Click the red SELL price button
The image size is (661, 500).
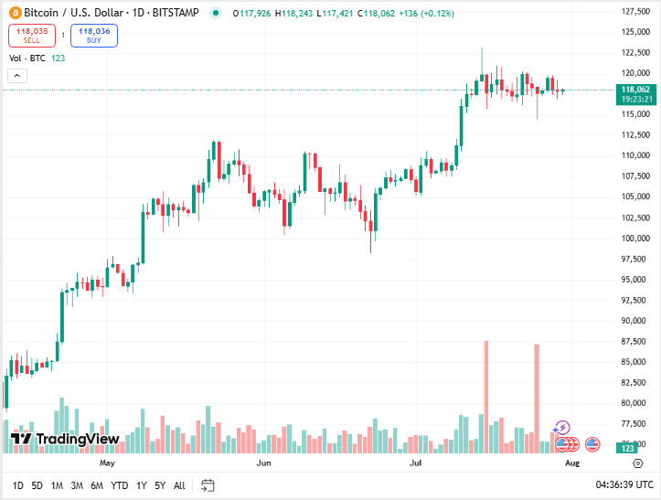[31, 36]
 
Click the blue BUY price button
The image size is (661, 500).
[94, 36]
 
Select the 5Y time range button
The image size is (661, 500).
[160, 485]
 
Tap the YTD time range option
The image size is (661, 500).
[120, 485]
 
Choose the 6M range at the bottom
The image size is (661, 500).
[97, 485]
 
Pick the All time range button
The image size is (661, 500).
[179, 485]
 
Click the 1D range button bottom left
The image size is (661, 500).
[18, 485]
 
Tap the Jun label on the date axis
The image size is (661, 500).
[264, 463]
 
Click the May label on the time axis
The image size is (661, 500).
[107, 463]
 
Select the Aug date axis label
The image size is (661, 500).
[572, 463]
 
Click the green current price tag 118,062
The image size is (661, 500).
[634, 90]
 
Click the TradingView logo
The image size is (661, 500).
[65, 440]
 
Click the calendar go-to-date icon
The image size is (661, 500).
[208, 485]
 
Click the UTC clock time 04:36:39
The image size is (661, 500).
[624, 485]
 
